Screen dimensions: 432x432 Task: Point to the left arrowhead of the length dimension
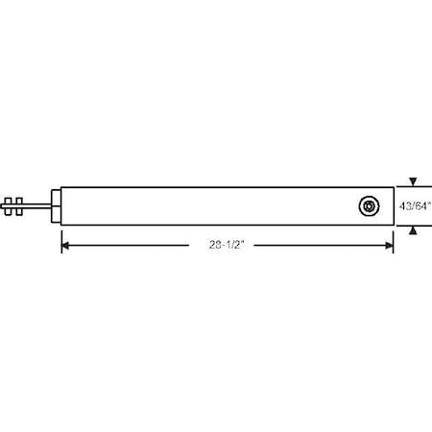coord(66,245)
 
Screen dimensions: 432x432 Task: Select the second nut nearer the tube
coord(18,205)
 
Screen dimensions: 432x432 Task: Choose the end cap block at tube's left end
coord(56,205)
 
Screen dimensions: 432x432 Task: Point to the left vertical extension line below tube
coord(61,238)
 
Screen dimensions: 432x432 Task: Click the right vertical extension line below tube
coord(394,238)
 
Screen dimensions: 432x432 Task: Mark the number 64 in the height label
coord(422,205)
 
